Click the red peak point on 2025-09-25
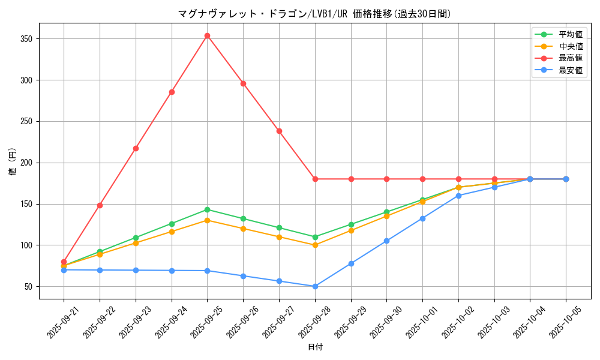tap(207, 35)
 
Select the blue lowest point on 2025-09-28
tap(315, 286)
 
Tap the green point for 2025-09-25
tap(207, 209)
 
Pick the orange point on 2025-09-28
tap(315, 245)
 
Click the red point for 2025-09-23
tap(136, 148)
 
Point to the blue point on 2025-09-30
tap(386, 241)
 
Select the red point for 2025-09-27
tap(279, 131)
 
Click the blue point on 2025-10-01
tap(422, 218)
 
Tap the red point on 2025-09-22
tap(100, 205)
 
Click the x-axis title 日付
tap(315, 347)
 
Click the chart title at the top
tap(314, 14)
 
